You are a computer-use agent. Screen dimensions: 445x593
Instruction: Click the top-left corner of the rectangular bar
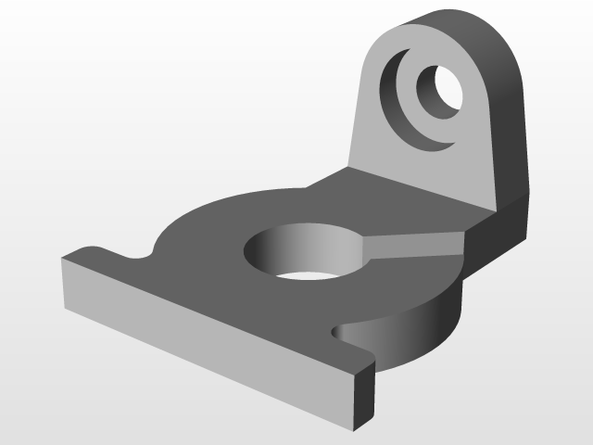click(x=63, y=261)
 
